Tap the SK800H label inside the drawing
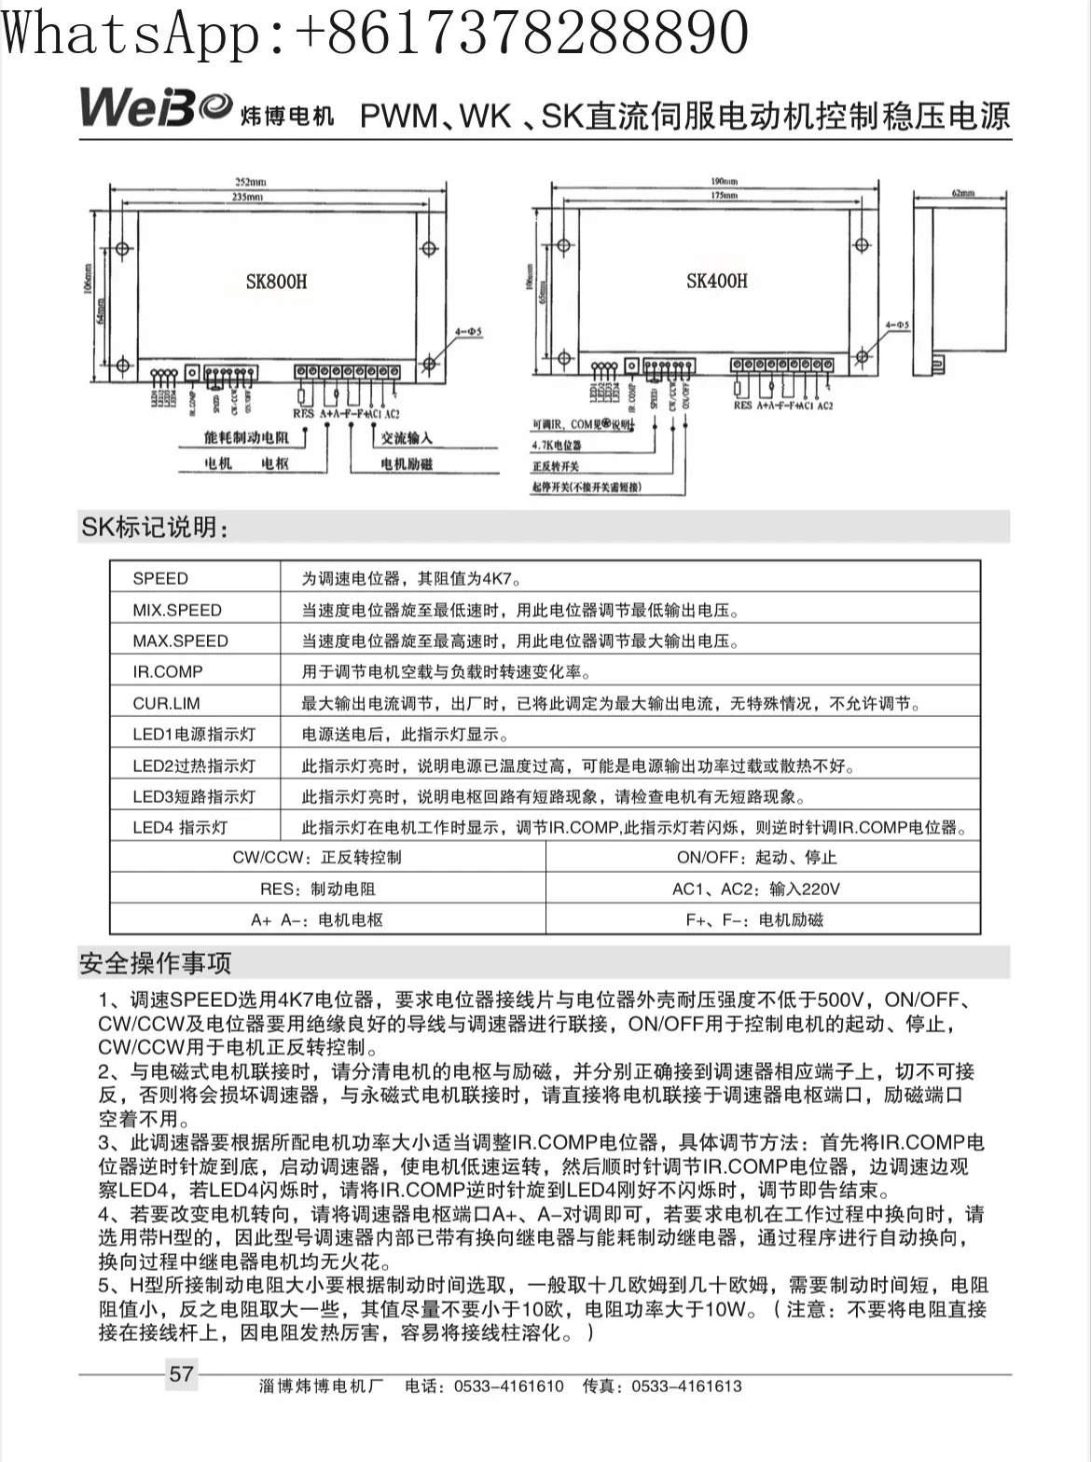[277, 282]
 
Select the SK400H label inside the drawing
[717, 281]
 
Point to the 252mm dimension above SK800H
[250, 182]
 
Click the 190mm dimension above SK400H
[724, 182]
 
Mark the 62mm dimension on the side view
[962, 193]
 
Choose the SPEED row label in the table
[160, 578]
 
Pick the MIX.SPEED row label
[177, 610]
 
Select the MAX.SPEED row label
[180, 641]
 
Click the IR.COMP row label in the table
[168, 671]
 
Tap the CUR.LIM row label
[166, 703]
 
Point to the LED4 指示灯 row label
[180, 827]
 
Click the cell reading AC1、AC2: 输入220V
[756, 889]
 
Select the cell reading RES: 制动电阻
[318, 889]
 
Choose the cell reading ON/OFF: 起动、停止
[756, 857]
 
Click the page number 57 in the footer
[181, 1373]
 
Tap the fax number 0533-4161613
[686, 1386]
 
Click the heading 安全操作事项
[156, 962]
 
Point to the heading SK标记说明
[155, 528]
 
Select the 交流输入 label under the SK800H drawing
[407, 437]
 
